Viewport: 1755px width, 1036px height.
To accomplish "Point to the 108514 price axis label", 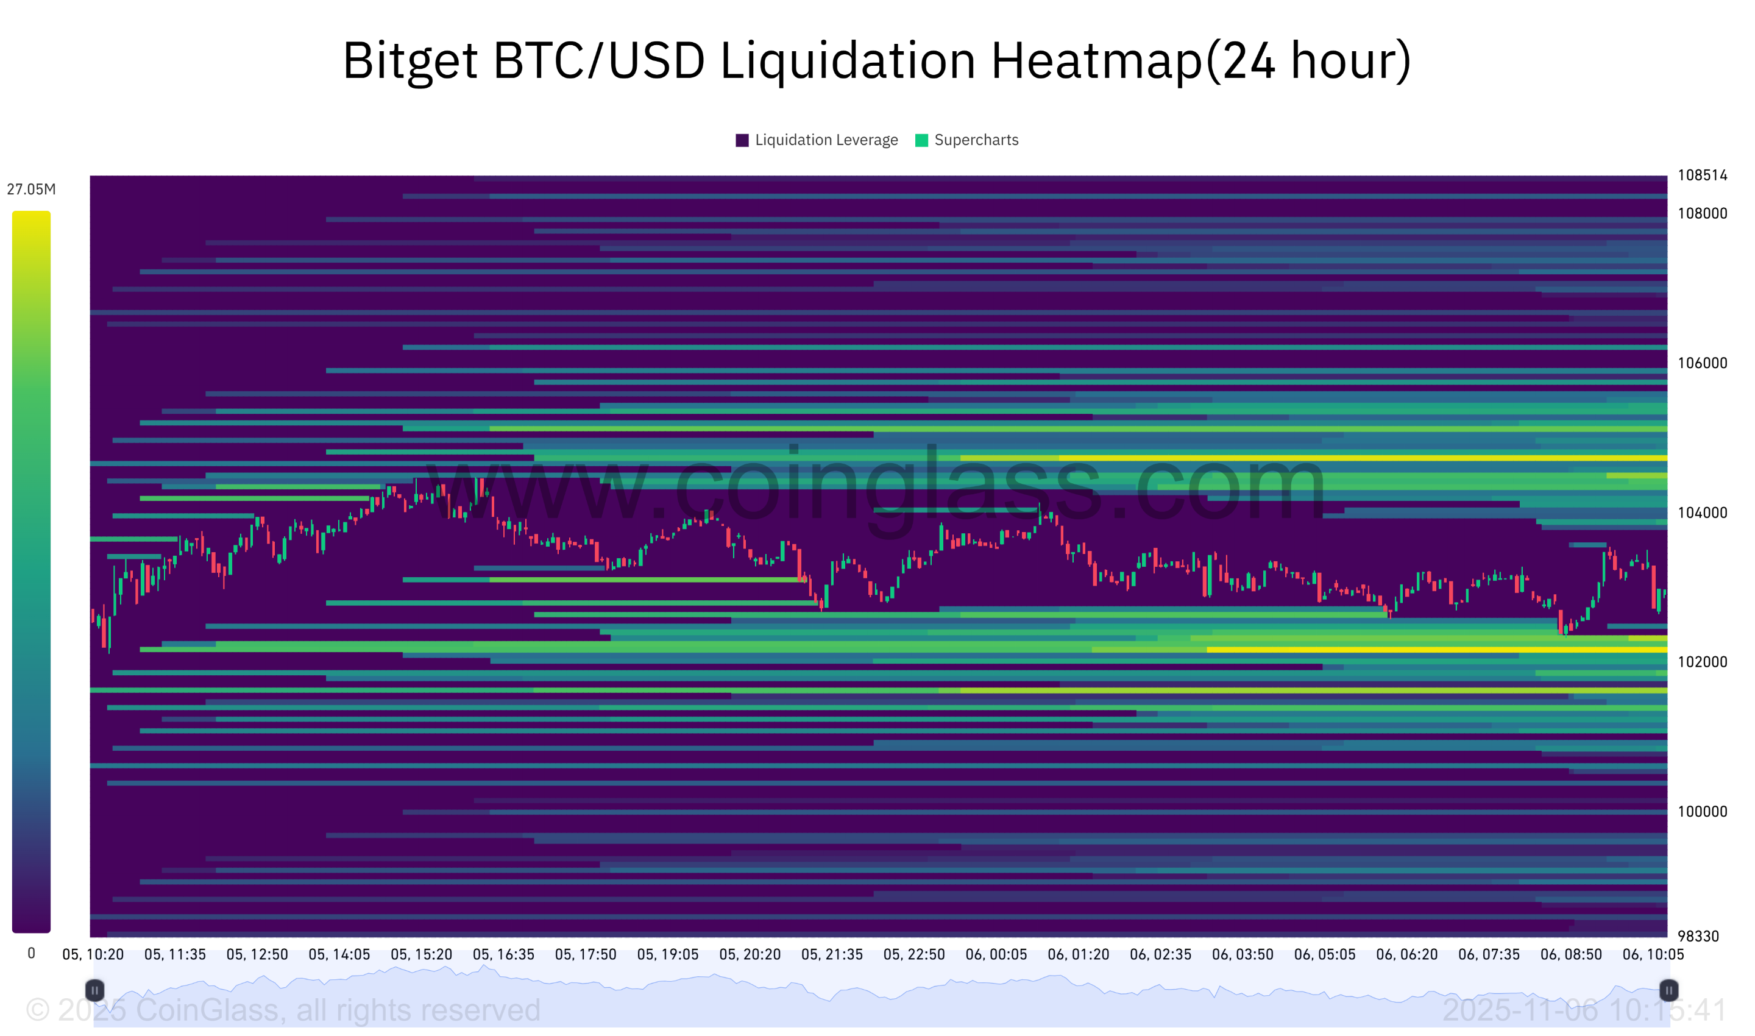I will coord(1703,176).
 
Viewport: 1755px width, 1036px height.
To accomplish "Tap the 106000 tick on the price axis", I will coord(1703,364).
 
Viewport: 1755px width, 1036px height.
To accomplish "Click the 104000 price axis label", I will coord(1703,513).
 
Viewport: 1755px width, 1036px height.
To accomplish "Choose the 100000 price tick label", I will coord(1703,812).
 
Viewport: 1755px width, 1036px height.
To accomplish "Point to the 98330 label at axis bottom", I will coord(1698,937).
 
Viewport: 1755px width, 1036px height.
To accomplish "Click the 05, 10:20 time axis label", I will coord(93,955).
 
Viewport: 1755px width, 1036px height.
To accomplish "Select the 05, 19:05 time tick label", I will coord(668,955).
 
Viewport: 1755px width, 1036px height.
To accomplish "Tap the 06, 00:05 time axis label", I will coord(997,955).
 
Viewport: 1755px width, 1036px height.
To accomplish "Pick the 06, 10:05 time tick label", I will coord(1654,955).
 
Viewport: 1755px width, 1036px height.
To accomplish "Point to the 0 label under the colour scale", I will coord(32,954).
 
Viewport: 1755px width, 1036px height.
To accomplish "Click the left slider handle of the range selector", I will coord(95,991).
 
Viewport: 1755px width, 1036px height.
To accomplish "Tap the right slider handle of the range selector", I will coord(1669,991).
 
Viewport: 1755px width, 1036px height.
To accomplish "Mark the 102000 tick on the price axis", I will coord(1703,662).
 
